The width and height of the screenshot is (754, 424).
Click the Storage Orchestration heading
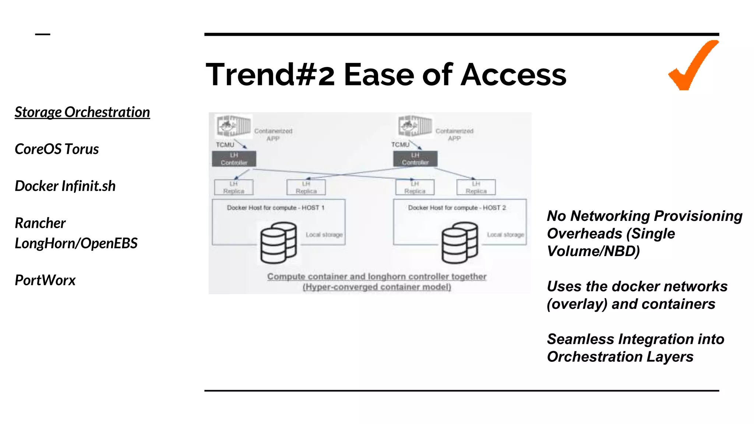pyautogui.click(x=82, y=112)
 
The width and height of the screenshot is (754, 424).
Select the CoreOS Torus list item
pyautogui.click(x=57, y=149)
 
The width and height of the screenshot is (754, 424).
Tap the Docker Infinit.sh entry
pyautogui.click(x=65, y=186)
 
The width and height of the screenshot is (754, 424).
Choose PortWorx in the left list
pyautogui.click(x=45, y=280)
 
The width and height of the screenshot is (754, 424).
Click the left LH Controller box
pyautogui.click(x=234, y=159)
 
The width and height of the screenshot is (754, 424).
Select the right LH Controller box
pyautogui.click(x=415, y=159)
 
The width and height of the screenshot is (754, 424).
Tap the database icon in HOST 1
pyautogui.click(x=278, y=243)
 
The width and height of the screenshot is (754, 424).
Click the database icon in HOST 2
pyautogui.click(x=459, y=243)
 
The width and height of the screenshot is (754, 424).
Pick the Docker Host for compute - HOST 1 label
pyautogui.click(x=275, y=208)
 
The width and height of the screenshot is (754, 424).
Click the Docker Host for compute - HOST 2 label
pyautogui.click(x=457, y=208)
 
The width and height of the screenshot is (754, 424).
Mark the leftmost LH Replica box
pyautogui.click(x=234, y=187)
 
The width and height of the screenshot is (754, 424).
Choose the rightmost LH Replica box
pyautogui.click(x=476, y=187)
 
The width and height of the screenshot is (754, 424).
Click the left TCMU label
pyautogui.click(x=225, y=145)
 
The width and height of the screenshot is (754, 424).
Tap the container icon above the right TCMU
pyautogui.click(x=415, y=126)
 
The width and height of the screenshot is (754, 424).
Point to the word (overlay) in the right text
pyautogui.click(x=577, y=304)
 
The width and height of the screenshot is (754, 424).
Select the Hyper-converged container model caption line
pyautogui.click(x=377, y=287)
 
